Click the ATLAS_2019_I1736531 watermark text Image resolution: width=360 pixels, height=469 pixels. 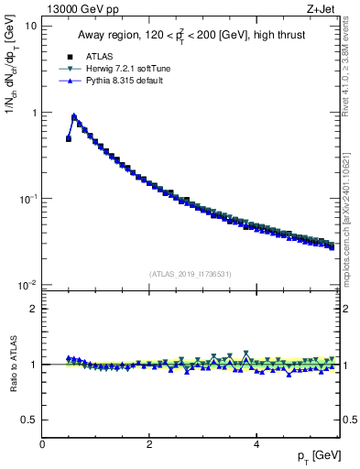click(191, 274)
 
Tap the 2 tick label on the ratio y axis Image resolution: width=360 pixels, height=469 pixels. click(33, 309)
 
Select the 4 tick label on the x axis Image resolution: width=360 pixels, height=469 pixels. click(256, 444)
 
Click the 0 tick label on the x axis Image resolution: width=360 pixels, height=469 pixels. click(42, 444)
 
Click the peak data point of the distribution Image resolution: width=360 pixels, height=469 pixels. click(74, 117)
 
